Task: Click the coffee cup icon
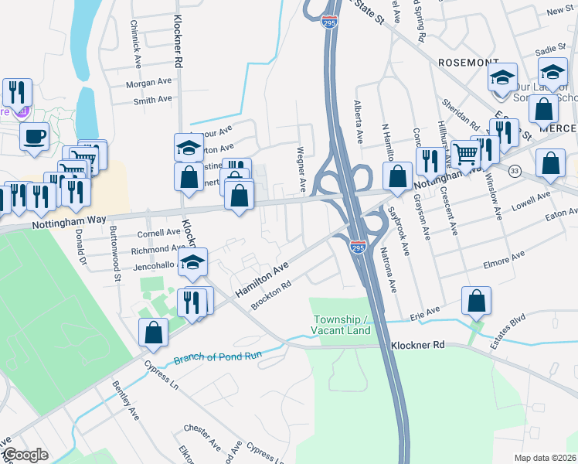click(34, 138)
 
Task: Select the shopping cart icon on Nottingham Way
click(466, 155)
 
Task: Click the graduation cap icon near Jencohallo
click(192, 263)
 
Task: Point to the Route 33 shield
click(515, 170)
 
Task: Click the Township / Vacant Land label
click(342, 325)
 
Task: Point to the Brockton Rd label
click(270, 295)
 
